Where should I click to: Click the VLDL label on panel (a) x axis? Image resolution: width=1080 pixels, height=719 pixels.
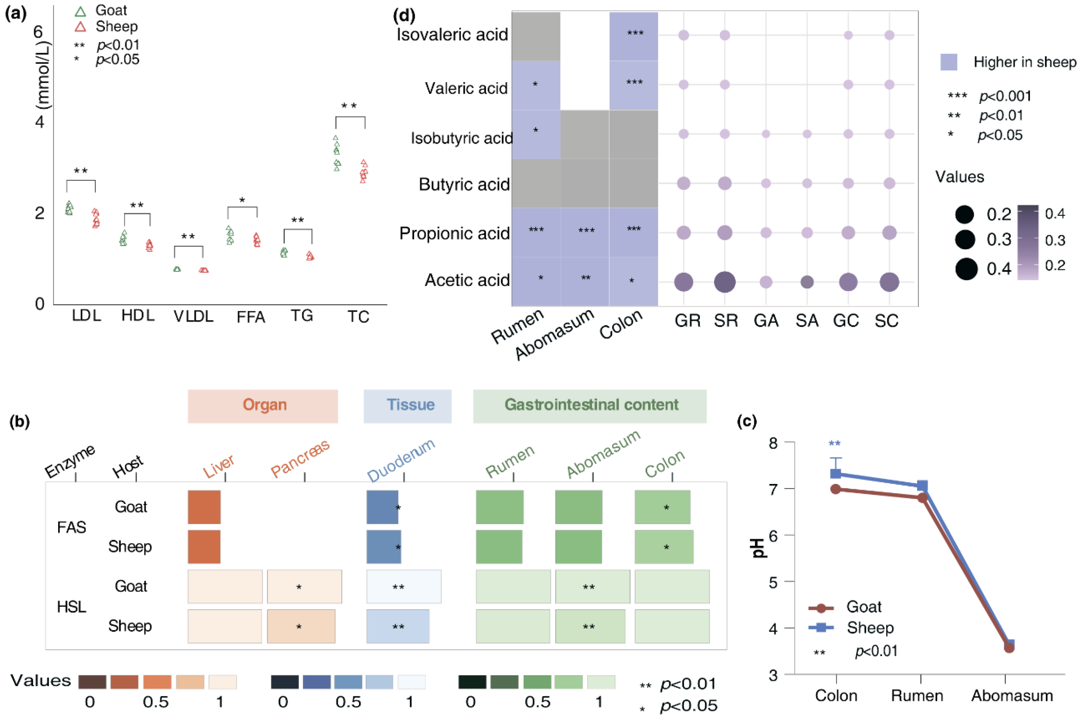tap(193, 316)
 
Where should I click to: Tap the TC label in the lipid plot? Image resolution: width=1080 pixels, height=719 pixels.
tap(358, 316)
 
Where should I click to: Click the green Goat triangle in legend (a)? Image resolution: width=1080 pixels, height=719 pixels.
tap(80, 11)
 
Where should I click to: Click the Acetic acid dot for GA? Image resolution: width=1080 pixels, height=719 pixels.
tap(766, 282)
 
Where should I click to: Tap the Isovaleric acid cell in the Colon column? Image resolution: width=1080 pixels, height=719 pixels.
tap(633, 36)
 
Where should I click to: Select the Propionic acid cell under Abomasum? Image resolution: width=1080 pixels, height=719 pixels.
tap(585, 232)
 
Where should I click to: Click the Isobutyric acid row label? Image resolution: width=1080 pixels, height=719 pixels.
tap(461, 138)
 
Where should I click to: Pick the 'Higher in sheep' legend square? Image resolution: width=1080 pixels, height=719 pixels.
tap(949, 62)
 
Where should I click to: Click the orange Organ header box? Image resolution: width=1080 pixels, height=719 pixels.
tap(263, 406)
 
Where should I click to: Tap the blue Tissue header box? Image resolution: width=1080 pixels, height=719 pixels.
tap(408, 406)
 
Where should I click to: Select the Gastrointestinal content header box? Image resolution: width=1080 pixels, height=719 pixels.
tap(590, 406)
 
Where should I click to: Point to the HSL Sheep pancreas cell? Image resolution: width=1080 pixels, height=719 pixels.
tap(301, 626)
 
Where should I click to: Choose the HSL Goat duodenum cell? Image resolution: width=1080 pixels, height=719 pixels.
tap(403, 587)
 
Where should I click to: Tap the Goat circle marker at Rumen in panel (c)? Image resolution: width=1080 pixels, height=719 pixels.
tap(922, 498)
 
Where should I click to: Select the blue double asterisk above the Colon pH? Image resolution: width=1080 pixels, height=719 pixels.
tap(835, 443)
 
